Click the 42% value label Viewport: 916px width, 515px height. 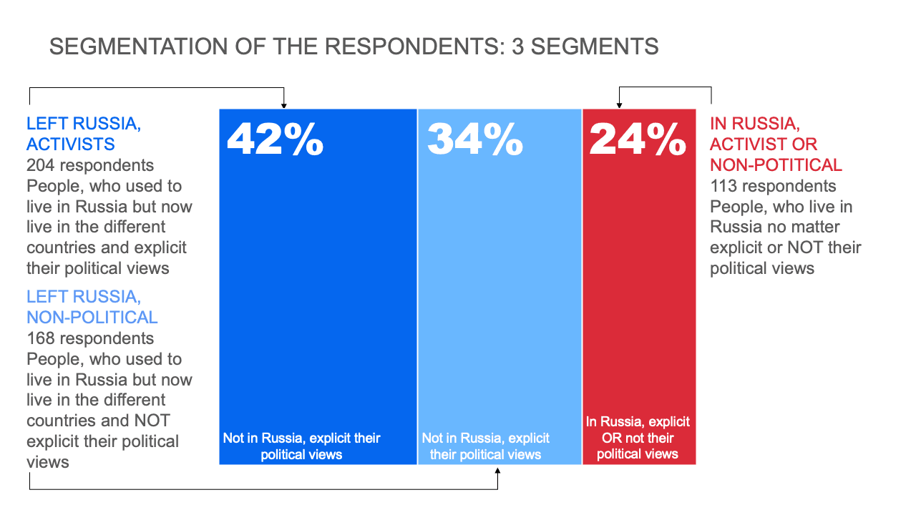(x=276, y=139)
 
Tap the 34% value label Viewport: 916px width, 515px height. (x=475, y=139)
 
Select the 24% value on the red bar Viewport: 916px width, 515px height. (x=638, y=139)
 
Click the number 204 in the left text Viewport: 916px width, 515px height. (x=41, y=165)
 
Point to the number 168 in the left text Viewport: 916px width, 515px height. (x=41, y=338)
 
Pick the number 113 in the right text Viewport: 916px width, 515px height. (x=723, y=186)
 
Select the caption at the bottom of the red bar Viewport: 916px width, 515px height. (x=638, y=438)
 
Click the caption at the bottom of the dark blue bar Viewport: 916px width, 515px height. (x=301, y=446)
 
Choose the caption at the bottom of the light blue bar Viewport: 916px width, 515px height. (x=486, y=446)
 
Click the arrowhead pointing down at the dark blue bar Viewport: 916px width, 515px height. (x=284, y=104)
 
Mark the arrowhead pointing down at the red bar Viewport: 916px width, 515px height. (x=619, y=104)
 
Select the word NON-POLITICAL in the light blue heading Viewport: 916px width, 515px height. (x=92, y=317)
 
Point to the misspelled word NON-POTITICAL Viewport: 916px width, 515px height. (x=776, y=165)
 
